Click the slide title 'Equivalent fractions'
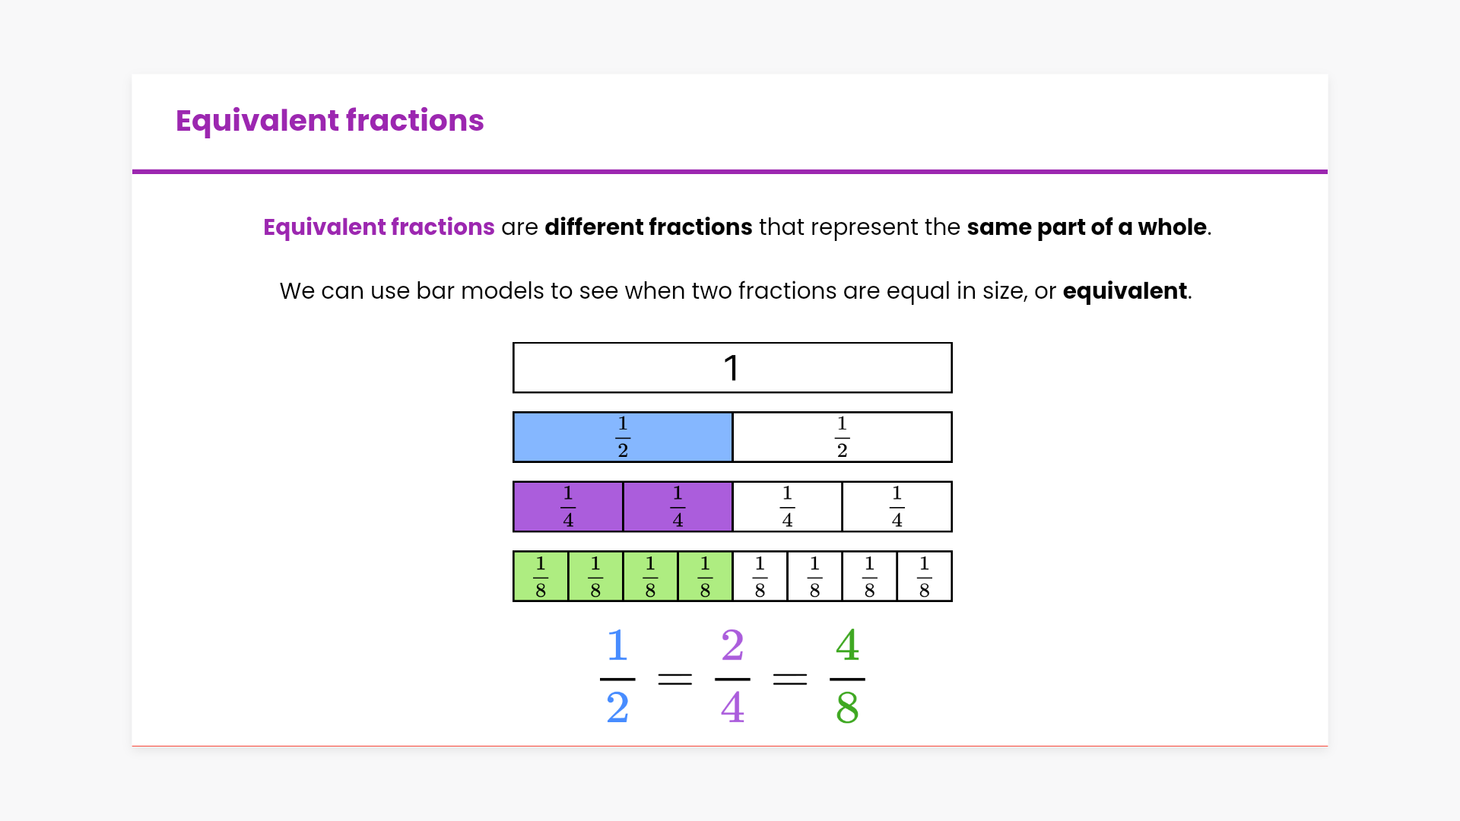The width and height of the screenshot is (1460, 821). point(329,121)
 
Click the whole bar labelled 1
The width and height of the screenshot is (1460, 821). point(732,368)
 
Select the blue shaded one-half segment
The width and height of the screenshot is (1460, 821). point(623,437)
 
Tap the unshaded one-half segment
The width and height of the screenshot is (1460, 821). point(843,437)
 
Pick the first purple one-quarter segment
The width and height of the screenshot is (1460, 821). point(568,506)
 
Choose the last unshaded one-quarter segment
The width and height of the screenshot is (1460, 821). point(897,506)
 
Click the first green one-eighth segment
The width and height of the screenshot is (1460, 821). point(541,576)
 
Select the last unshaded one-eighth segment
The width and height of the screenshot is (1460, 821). point(925,576)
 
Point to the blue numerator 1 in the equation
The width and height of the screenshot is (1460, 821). point(617,646)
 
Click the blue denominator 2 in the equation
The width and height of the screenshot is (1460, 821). point(617,708)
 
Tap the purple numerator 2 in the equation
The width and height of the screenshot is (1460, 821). point(732,646)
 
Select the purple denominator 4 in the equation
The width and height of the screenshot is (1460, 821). point(732,708)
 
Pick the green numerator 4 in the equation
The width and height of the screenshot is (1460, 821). point(847,646)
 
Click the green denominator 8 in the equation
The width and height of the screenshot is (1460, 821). point(847,708)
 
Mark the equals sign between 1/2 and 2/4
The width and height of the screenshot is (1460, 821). point(675,679)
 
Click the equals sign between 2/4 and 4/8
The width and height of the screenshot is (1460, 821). point(790,679)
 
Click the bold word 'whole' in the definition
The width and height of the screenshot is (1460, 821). point(1172,227)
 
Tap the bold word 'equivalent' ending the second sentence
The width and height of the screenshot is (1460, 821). point(1125,291)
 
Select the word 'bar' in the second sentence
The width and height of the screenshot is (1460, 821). point(435,291)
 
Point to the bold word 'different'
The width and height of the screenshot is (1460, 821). point(593,227)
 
